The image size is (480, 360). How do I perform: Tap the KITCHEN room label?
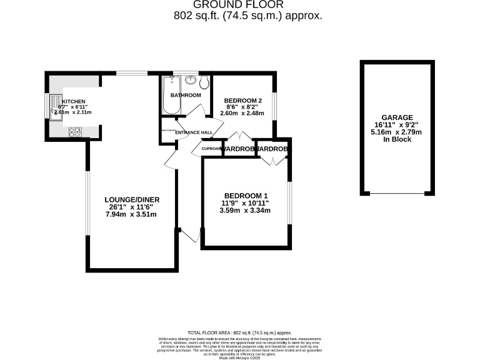pos(73,101)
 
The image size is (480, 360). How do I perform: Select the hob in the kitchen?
pos(76,131)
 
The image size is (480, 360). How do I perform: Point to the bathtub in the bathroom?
pos(171,94)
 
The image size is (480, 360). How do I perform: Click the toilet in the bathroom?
pos(204,83)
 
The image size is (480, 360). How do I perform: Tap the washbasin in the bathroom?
pos(190,81)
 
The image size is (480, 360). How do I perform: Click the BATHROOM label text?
pos(186,95)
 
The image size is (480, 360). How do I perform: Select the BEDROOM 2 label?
pos(242,101)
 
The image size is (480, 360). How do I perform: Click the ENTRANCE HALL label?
pos(194,132)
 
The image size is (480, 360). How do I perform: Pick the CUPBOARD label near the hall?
pos(212,149)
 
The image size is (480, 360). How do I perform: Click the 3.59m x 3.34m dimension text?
pos(245,211)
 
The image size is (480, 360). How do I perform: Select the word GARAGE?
pos(397,117)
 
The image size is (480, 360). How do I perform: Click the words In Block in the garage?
pos(397,139)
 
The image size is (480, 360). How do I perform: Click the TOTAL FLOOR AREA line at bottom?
pos(240,333)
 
